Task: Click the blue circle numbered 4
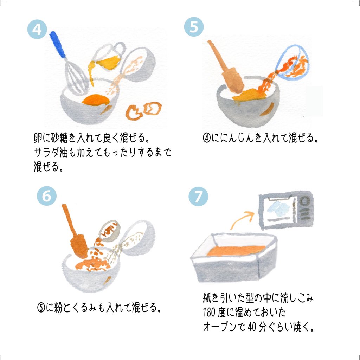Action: coord(37,29)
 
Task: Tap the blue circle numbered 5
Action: coord(194,27)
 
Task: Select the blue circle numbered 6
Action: coord(47,196)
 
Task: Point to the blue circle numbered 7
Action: coord(198,196)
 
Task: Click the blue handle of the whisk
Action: coord(57,44)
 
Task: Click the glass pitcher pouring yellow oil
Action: coord(108,57)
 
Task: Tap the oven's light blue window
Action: coord(278,209)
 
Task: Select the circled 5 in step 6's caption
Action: coord(41,308)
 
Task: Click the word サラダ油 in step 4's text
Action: coord(51,152)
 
